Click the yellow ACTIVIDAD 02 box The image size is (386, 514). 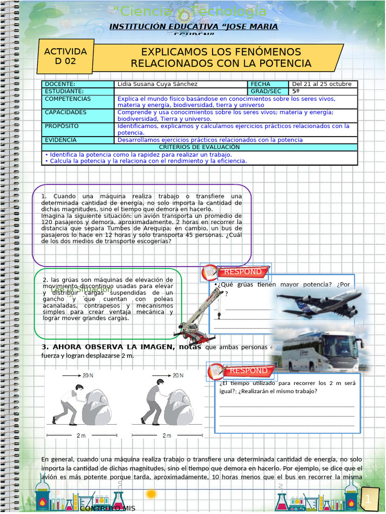click(65, 57)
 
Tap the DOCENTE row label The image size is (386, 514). click(60, 84)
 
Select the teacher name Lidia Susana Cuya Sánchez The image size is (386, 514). click(157, 84)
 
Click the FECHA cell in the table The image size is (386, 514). click(260, 84)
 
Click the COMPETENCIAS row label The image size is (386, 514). click(68, 99)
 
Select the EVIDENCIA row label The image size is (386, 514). click(61, 140)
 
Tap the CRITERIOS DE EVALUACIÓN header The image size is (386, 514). click(200, 147)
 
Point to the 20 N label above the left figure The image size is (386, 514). click(87, 375)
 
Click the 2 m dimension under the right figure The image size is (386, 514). click(167, 436)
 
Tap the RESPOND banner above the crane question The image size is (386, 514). click(242, 272)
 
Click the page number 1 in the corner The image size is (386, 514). click(368, 499)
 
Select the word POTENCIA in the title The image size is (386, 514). click(286, 64)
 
